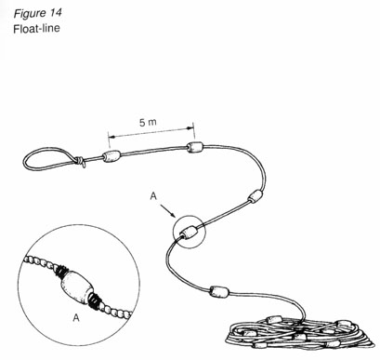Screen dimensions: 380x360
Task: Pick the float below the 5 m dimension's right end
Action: (194, 149)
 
